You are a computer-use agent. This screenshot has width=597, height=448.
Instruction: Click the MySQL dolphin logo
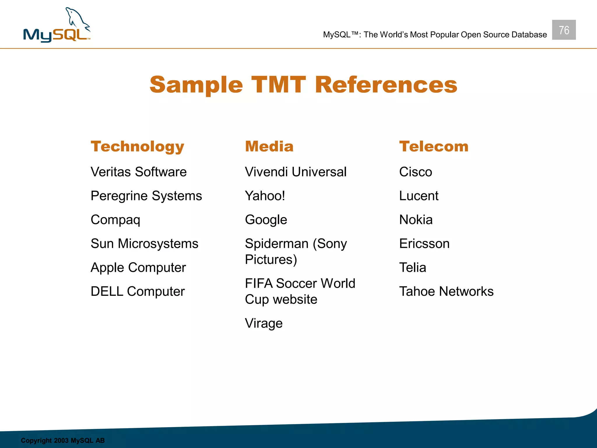coord(57,26)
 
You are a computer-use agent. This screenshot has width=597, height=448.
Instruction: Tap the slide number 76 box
coord(564,30)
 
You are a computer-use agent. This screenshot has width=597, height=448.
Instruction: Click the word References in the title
coord(386,85)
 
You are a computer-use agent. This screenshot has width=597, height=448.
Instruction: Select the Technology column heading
coord(137,146)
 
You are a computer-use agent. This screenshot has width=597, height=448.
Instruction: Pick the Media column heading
coord(269,146)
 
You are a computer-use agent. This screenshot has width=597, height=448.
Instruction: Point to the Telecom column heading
coord(434,146)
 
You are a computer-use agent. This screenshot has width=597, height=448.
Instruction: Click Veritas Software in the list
coord(138,172)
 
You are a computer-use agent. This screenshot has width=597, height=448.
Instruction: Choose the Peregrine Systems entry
coord(146,196)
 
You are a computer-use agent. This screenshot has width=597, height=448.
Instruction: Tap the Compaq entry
coord(115,220)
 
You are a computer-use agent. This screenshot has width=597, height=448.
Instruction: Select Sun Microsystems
coord(144,244)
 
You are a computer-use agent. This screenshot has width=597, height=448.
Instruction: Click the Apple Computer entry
coord(138,267)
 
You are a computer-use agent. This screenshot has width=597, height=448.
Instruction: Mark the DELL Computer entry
coord(138,291)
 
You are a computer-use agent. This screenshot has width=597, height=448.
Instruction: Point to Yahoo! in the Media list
coord(265,196)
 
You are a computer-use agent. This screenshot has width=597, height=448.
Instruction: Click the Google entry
coord(266,220)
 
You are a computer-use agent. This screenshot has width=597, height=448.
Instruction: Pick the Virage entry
coord(264,323)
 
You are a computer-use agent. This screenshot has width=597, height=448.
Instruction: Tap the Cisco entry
coord(415,172)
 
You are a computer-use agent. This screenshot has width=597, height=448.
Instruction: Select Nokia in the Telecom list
coord(416,220)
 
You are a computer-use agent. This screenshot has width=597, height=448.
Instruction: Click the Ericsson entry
coord(424,244)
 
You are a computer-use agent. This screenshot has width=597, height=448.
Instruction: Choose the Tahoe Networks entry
coord(446,291)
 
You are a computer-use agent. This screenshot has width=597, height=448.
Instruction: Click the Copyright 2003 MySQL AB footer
coord(63,440)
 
